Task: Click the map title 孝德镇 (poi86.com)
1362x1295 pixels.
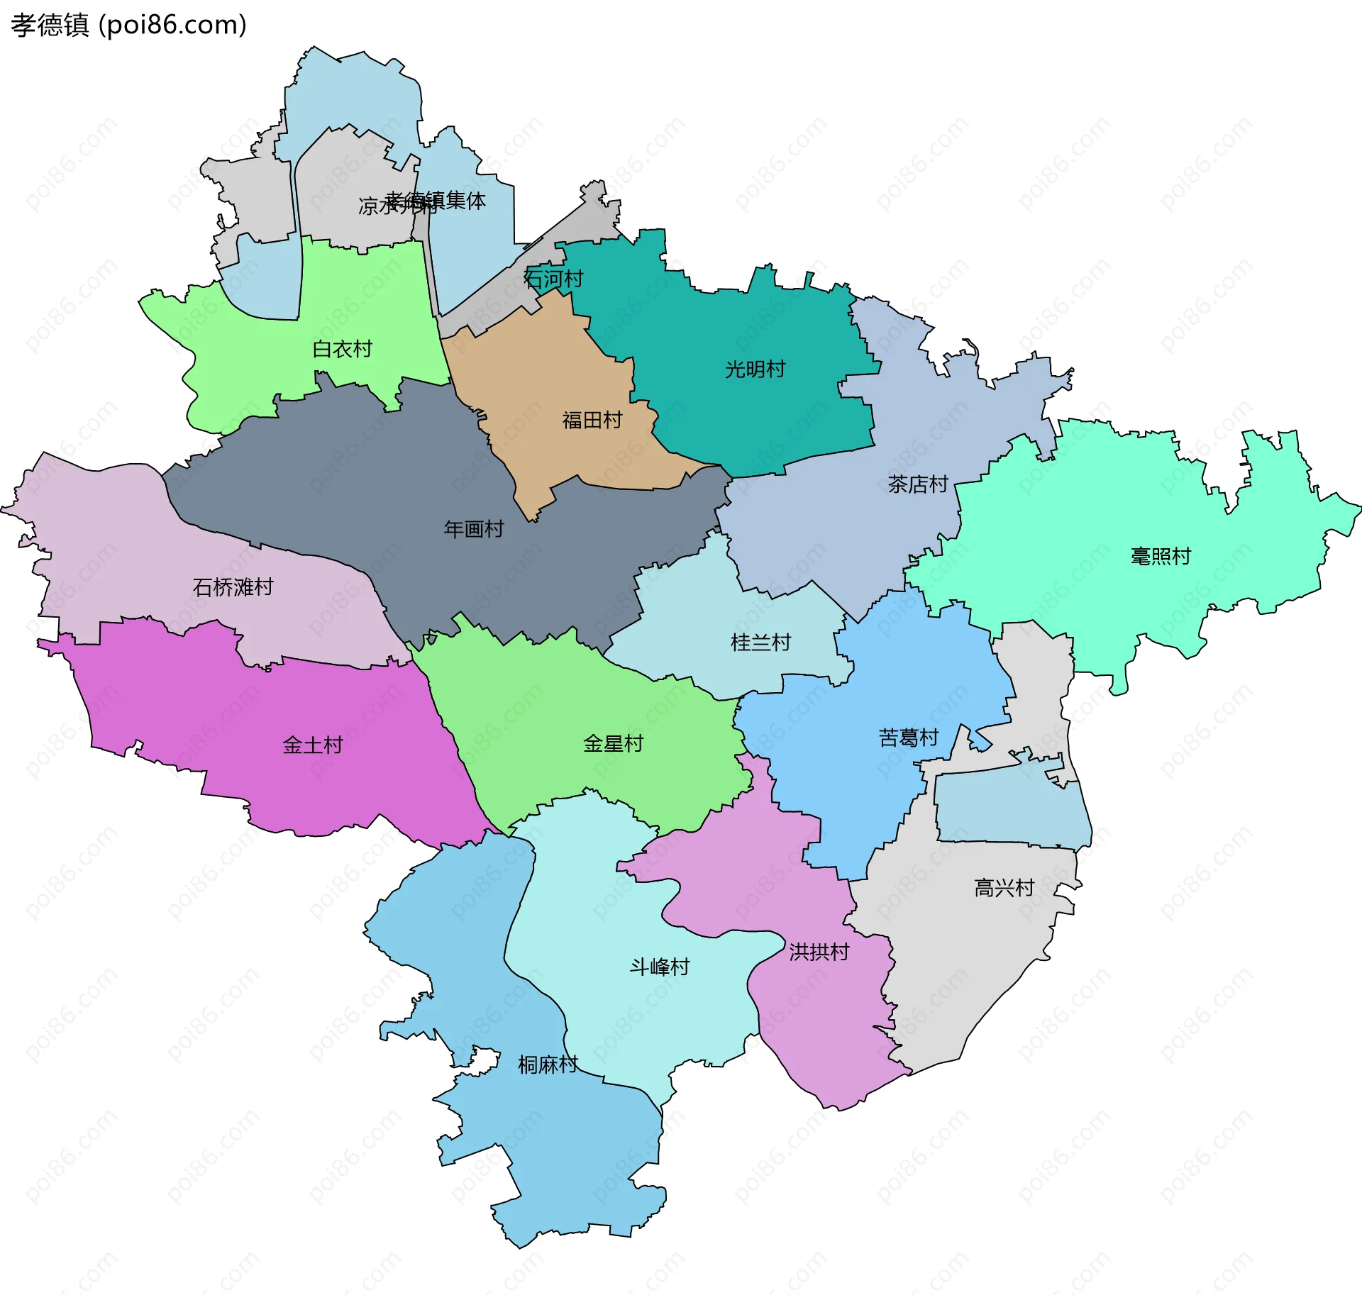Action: tap(128, 26)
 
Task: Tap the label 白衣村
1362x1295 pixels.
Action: tap(342, 349)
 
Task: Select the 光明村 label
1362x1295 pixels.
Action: tap(755, 369)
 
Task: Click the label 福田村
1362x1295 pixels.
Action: tap(592, 420)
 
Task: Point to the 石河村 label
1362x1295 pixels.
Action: tap(553, 279)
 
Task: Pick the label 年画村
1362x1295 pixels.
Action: tap(473, 528)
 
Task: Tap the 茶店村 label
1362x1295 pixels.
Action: tap(918, 484)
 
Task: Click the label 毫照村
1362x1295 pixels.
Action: tap(1161, 556)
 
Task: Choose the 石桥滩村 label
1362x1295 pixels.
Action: tap(233, 587)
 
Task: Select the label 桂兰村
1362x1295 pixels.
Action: tap(760, 643)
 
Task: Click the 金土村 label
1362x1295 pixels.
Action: tap(312, 745)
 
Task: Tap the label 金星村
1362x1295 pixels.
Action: tap(613, 743)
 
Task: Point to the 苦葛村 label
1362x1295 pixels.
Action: tap(908, 738)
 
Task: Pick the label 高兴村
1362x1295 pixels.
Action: tap(1004, 887)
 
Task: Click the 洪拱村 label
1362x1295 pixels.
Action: tap(819, 952)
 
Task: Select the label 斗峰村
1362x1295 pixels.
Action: tap(659, 967)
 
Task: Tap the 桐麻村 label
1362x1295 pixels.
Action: tap(548, 1065)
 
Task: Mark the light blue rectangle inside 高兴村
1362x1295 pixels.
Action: tap(1011, 808)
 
